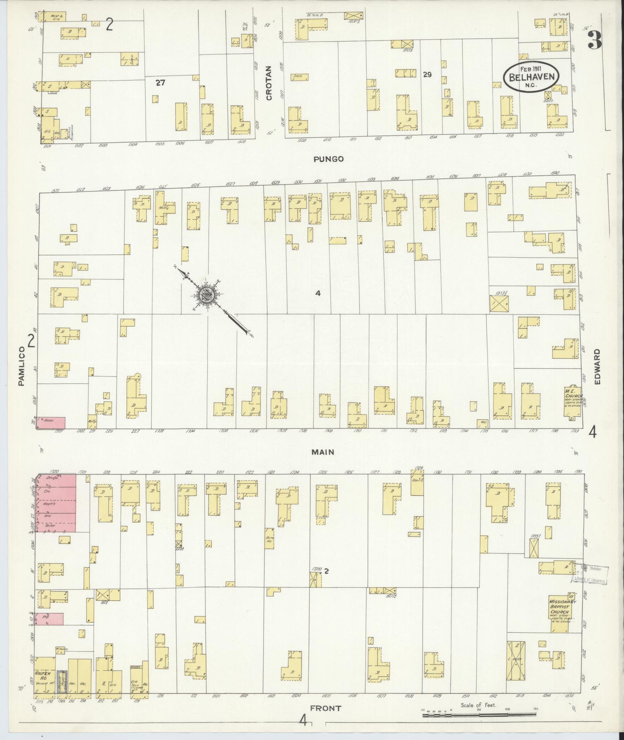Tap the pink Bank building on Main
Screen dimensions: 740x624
click(51, 422)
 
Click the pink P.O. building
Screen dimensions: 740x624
click(50, 619)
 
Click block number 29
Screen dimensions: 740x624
click(427, 75)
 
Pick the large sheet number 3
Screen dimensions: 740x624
click(594, 40)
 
